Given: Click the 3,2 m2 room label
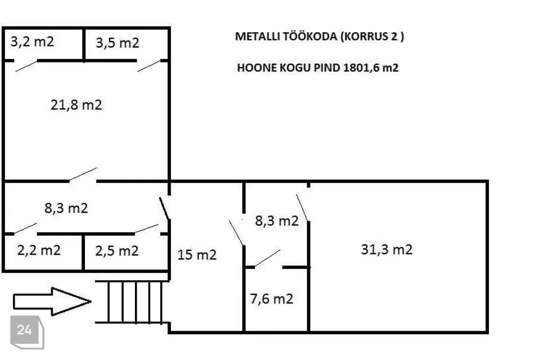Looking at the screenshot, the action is [x=32, y=42].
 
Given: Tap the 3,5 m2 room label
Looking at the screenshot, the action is [x=118, y=43].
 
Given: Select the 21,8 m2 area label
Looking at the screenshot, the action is [x=76, y=105].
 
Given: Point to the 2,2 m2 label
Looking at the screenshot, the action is [x=39, y=250].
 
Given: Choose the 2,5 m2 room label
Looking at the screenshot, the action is [x=117, y=251].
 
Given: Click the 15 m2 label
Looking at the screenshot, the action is [x=197, y=255].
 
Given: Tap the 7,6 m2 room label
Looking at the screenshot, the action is [x=271, y=299].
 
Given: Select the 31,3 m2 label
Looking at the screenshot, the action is [x=387, y=249].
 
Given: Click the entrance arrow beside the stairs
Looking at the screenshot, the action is [x=52, y=301].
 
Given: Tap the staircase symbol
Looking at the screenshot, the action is [x=132, y=302].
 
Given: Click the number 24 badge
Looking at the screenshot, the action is [x=27, y=332].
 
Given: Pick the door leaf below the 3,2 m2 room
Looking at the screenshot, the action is [x=26, y=66].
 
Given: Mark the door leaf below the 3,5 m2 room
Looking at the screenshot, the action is [x=148, y=66].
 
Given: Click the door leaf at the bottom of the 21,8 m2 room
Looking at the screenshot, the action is [x=83, y=175].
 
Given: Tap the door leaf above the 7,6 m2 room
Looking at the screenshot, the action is [x=267, y=258].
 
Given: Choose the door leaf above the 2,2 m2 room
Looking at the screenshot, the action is [x=25, y=228].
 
